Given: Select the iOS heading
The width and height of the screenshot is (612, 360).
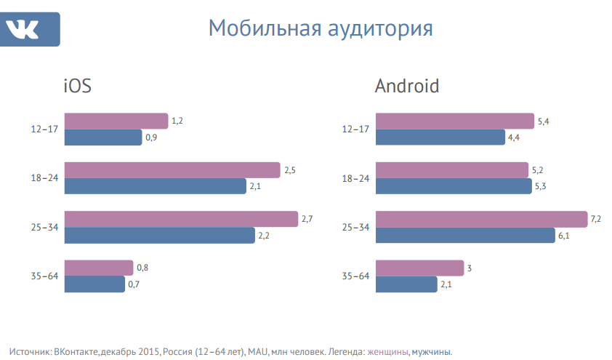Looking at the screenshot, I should coord(77,87).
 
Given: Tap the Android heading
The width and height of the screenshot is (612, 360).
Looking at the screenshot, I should coord(407,87).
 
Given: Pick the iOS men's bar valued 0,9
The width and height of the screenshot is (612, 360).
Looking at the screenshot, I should coord(103,137).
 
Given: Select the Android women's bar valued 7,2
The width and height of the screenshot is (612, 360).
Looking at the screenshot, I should coord(481,219).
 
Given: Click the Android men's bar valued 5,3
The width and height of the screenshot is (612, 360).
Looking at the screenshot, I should coord(454,186).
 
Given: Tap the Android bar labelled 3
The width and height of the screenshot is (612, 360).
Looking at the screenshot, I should coord(419,268).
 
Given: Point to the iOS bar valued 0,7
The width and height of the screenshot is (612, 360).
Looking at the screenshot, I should coord(95,284).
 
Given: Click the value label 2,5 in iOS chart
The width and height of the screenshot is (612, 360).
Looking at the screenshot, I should coord(289,170).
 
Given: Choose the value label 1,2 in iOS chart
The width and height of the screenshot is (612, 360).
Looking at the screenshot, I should coord(177,121).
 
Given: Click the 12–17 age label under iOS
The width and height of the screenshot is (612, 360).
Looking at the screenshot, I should coord(44,129).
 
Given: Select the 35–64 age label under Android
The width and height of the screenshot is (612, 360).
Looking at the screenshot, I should coord(355,276).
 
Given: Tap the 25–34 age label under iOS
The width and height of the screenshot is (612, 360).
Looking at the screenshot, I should coord(44,228).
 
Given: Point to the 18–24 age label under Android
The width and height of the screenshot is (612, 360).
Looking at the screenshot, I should coord(355,179).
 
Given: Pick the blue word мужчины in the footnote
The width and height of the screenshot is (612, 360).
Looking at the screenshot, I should coord(431,352).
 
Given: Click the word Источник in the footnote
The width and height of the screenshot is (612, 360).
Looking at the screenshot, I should coord(31,352).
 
